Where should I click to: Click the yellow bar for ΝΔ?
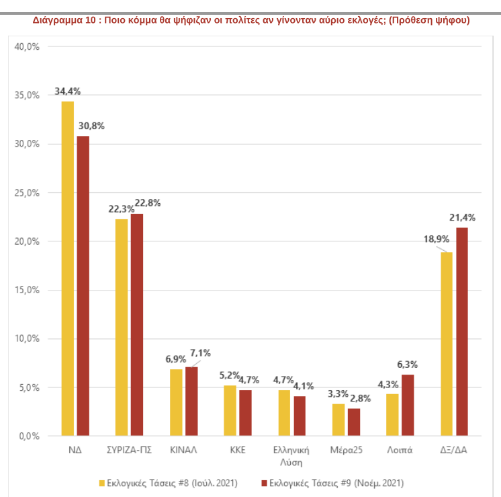(67, 269)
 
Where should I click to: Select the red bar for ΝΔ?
(83, 286)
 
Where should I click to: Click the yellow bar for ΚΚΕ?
(230, 411)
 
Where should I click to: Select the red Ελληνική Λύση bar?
(300, 416)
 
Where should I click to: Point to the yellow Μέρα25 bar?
(338, 420)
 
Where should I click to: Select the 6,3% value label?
(408, 365)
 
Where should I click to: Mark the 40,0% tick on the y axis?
(28, 46)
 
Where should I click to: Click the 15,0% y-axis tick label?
(28, 290)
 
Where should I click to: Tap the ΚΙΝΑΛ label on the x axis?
(183, 450)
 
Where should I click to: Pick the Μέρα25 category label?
(346, 450)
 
